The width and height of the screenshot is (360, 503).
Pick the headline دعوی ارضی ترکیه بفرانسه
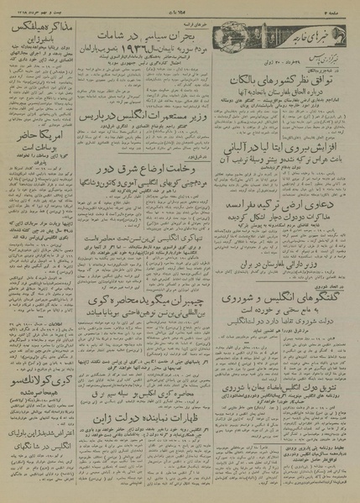[x=284, y=206]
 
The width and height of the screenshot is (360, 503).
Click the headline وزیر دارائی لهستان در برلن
[x=284, y=262]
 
